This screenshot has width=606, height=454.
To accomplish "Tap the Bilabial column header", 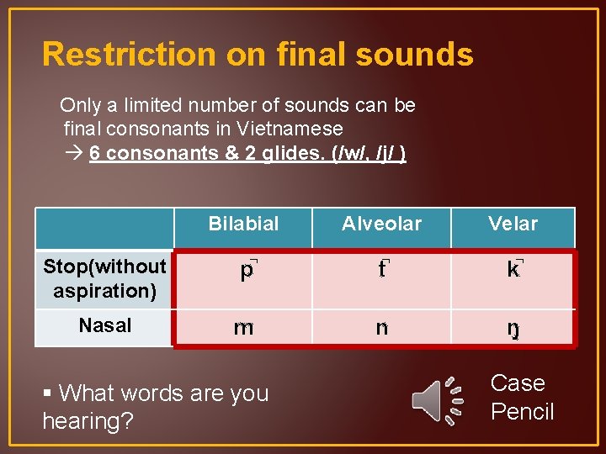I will pos(243,224).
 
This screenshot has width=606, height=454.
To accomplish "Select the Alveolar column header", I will pos(381,224).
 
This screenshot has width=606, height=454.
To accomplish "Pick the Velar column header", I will pos(513,224).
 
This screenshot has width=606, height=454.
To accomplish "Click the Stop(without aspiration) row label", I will pos(104,279).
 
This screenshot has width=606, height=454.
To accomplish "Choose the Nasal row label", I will pos(104,325).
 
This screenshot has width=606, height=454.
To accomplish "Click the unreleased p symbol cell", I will pos(247,272).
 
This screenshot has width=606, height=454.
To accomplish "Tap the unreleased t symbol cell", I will pos(382,272).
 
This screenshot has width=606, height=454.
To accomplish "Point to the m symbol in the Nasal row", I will pos(243,328).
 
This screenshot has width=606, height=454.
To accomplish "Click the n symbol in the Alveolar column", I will pos(382,328).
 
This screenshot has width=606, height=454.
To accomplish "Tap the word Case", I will pos(518,383).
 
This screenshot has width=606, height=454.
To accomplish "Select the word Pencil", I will pos(522,412).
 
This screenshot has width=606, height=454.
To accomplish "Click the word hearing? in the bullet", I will pos(88,421).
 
